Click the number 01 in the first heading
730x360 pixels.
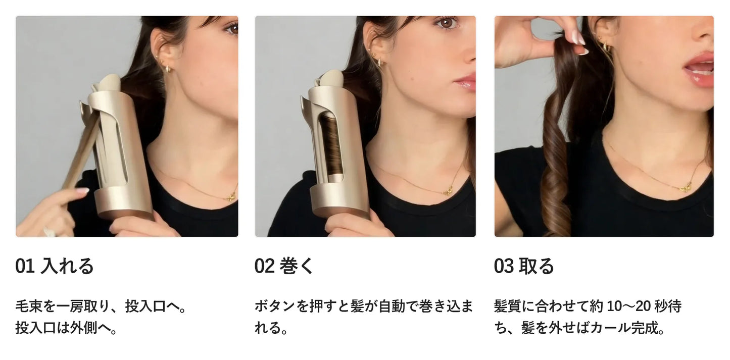(x=25, y=266)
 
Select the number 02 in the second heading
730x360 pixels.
(x=264, y=266)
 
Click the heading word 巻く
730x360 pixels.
(x=297, y=266)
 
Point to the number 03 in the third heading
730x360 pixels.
(x=504, y=266)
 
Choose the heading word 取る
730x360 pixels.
(x=537, y=266)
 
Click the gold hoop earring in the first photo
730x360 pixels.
(x=168, y=69)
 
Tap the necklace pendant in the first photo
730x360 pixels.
(x=232, y=196)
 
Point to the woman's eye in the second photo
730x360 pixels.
(x=446, y=23)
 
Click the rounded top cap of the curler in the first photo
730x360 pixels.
(x=109, y=82)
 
